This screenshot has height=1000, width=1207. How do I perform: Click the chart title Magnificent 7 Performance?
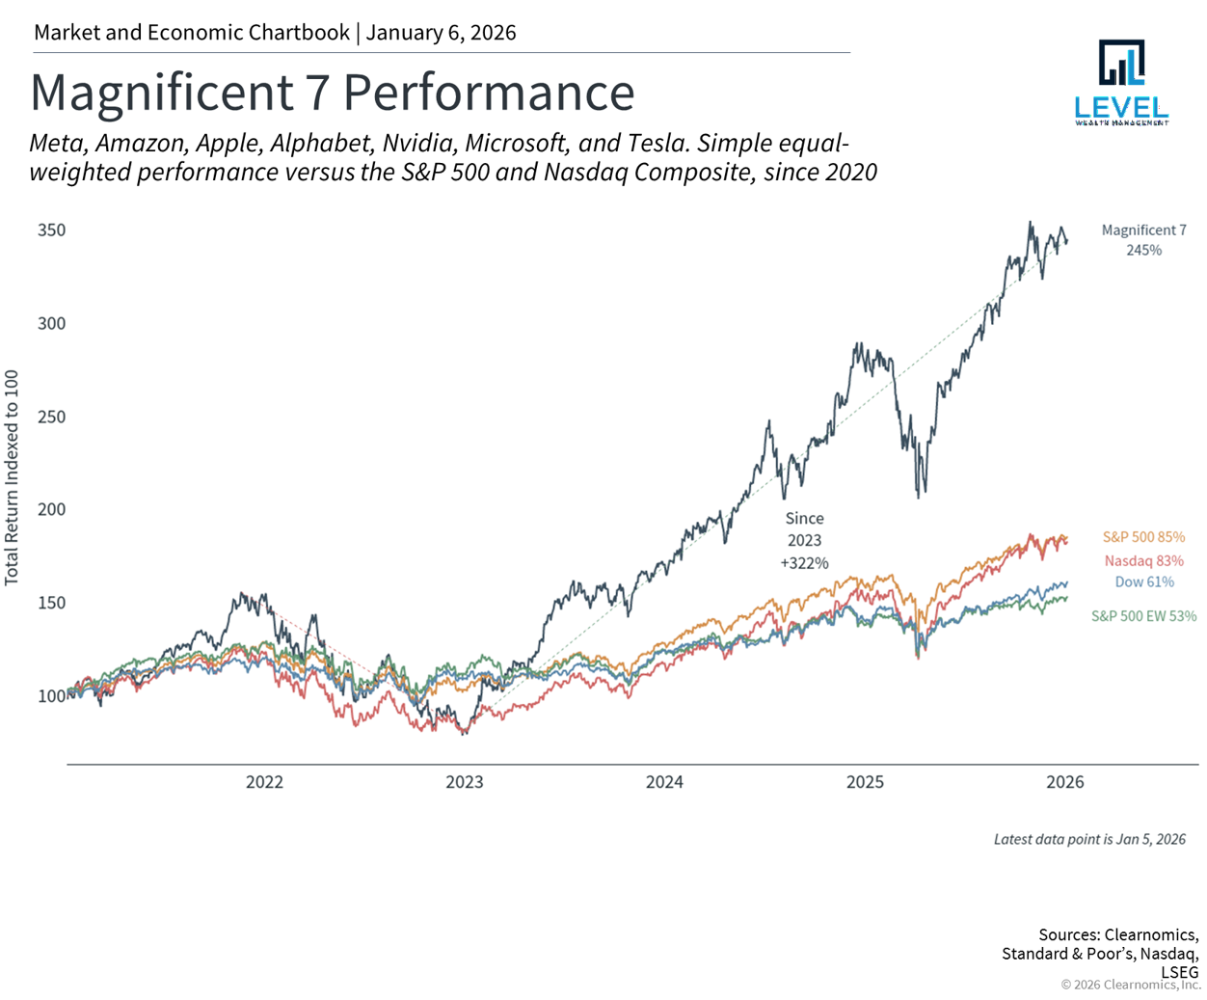pos(333,93)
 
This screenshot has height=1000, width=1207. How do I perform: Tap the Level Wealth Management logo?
pos(1121,83)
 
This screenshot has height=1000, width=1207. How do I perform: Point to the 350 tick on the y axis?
pos(52,230)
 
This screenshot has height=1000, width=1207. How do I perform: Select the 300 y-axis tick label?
pos(52,323)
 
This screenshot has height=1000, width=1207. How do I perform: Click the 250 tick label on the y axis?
pos(52,417)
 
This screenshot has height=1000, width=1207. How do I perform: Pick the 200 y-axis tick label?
pos(52,509)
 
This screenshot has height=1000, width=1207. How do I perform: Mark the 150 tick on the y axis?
pos(52,603)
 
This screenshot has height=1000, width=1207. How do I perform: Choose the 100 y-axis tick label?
pos(52,696)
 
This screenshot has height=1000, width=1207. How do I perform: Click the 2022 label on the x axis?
pos(264,782)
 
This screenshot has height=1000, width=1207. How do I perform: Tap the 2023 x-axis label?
pos(464,782)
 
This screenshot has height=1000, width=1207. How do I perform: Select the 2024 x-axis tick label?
pos(664,782)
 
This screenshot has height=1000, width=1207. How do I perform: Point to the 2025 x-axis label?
pos(865,782)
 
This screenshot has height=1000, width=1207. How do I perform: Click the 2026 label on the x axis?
pos(1064,782)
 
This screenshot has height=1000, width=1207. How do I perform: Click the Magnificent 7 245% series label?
pos(1143,240)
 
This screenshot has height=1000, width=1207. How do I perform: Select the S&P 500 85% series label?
pos(1143,537)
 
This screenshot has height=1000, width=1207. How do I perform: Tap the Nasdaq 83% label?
pos(1143,560)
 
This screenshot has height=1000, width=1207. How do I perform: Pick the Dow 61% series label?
pos(1143,582)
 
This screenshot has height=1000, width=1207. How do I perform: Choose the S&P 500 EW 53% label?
pos(1143,616)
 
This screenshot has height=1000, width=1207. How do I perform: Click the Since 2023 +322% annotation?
pos(804,540)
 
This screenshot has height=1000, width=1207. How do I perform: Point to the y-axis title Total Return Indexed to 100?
pos(13,477)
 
